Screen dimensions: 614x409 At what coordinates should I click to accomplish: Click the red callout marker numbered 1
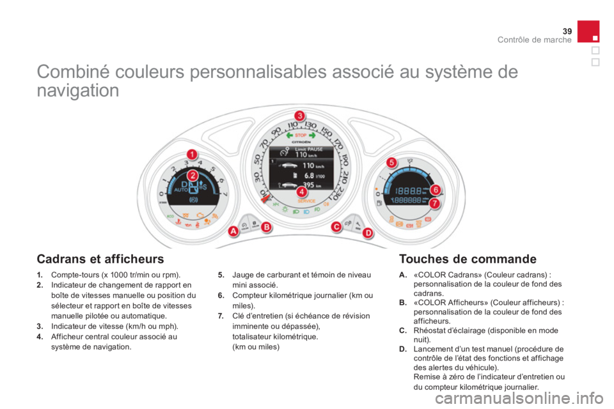tap(191, 153)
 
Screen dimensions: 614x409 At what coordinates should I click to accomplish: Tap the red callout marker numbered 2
tap(191, 174)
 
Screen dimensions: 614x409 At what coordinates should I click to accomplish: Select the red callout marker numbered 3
tap(298, 115)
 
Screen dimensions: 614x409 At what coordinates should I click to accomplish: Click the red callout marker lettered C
tap(335, 226)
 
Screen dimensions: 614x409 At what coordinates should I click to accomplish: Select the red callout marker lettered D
tap(368, 234)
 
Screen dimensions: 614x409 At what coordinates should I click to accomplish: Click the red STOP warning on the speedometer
tap(300, 135)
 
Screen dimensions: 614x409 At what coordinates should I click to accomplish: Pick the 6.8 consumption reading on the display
tap(308, 174)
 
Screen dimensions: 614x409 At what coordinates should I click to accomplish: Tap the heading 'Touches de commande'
tap(467, 259)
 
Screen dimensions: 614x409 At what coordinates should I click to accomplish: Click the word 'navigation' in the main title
tap(77, 91)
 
